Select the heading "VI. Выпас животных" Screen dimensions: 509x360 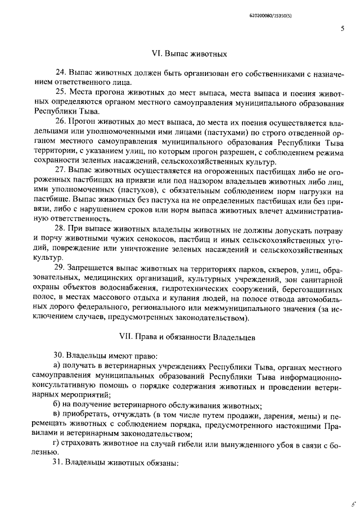pyautogui.click(x=189, y=55)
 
